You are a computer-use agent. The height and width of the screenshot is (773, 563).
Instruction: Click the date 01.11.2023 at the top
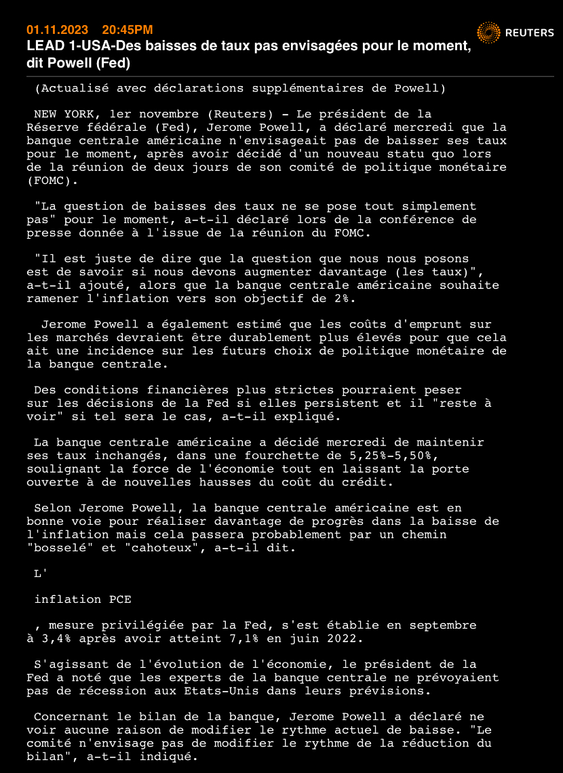(58, 30)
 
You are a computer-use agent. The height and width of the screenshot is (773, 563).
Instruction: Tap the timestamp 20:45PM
(127, 30)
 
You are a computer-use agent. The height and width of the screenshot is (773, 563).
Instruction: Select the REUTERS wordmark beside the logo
(530, 33)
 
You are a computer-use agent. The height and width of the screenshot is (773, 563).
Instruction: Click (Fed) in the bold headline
(113, 63)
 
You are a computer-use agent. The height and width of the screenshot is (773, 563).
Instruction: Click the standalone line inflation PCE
(83, 599)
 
